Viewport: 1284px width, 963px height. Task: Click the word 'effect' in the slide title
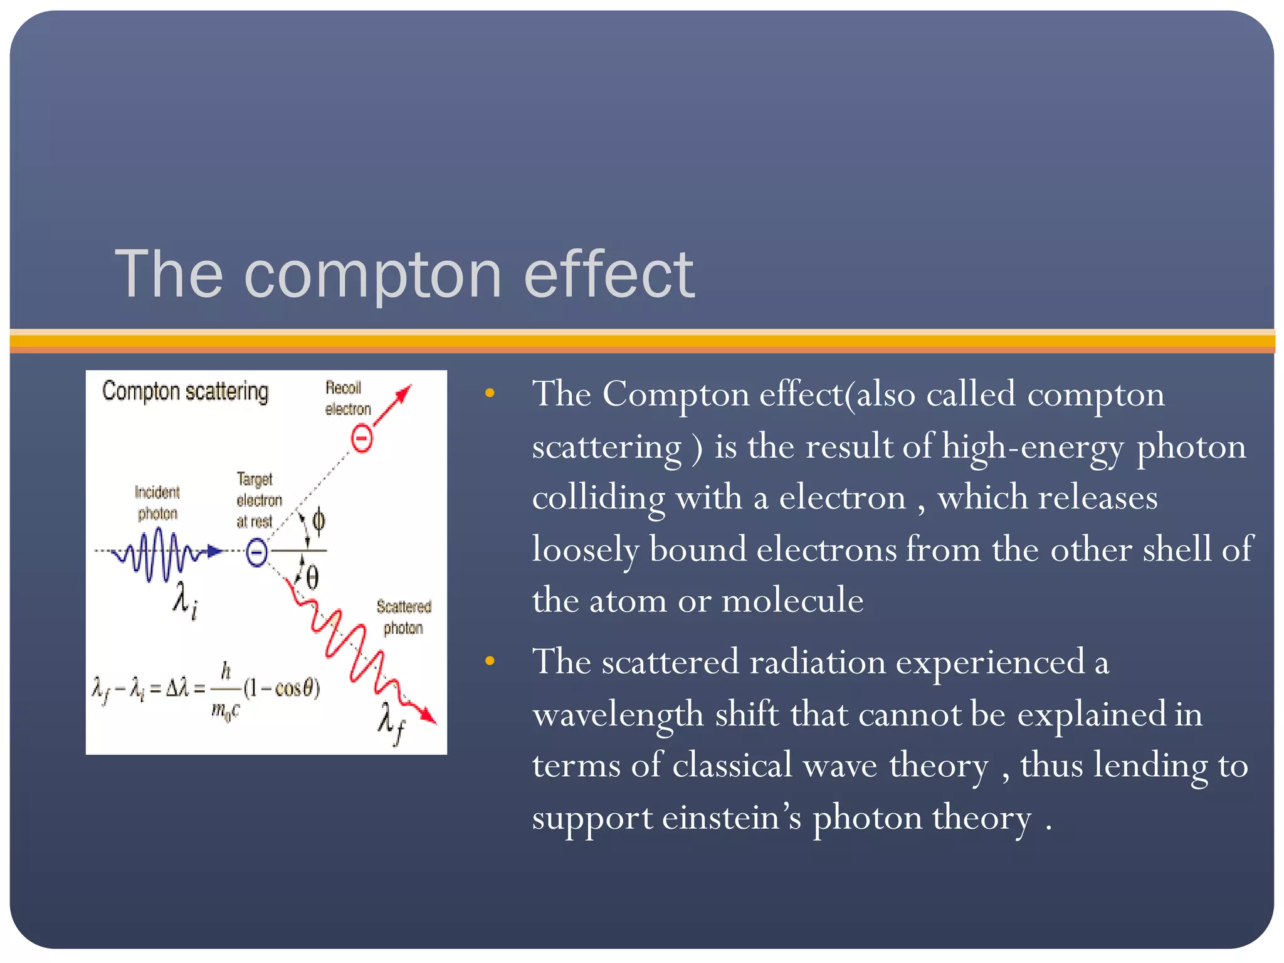click(608, 273)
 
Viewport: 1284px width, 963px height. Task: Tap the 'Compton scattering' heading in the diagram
click(185, 391)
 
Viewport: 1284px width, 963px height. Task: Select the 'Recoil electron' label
click(347, 398)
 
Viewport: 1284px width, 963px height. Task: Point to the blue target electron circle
click(256, 552)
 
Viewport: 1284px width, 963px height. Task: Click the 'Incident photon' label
click(157, 503)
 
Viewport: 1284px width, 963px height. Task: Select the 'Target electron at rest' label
click(258, 500)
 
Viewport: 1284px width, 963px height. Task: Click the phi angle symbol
click(318, 521)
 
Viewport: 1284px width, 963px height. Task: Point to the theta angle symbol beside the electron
click(312, 577)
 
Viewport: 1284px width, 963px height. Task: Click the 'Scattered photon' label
click(404, 617)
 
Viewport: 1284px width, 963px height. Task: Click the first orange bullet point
click(490, 394)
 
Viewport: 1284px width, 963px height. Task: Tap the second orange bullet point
click(490, 661)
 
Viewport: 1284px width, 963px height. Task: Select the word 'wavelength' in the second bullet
click(618, 715)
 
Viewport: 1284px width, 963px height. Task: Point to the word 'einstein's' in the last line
click(731, 818)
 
